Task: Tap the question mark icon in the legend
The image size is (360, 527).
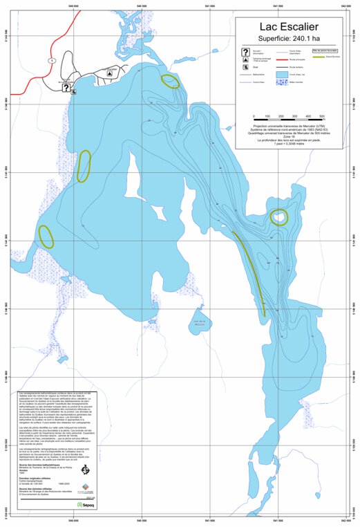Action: (245, 52)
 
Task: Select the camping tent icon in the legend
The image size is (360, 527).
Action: (245, 60)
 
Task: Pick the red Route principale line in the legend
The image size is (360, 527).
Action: (276, 60)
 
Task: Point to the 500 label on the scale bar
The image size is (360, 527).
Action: (321, 115)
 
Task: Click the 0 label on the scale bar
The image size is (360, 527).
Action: (255, 115)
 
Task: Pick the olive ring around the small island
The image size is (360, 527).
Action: (279, 217)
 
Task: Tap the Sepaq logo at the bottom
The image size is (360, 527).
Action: (86, 504)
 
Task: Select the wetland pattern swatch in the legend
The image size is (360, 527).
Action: (276, 82)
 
